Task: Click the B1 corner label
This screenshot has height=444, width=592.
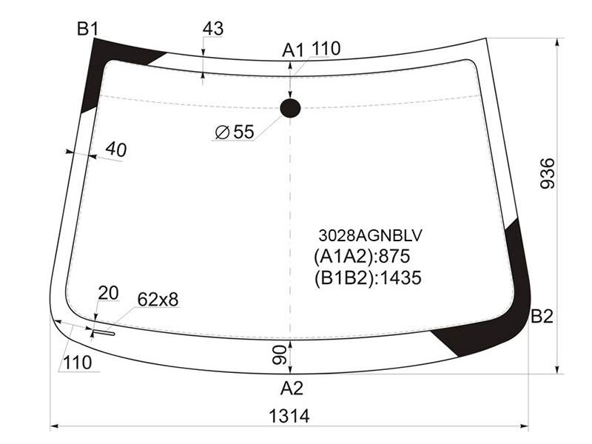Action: click(x=87, y=29)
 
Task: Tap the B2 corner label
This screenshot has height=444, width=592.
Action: click(x=542, y=317)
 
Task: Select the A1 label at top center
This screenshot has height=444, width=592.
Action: click(x=293, y=50)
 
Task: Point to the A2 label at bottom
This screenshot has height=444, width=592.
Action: click(x=292, y=388)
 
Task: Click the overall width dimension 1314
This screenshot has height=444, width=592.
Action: click(x=289, y=417)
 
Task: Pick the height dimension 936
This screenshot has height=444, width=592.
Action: click(x=548, y=173)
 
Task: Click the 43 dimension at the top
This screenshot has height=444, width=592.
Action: click(x=213, y=29)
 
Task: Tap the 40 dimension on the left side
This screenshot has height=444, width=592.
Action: click(x=116, y=149)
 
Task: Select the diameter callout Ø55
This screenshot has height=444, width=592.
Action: click(x=235, y=132)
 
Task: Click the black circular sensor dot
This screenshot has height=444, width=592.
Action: click(x=290, y=108)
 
